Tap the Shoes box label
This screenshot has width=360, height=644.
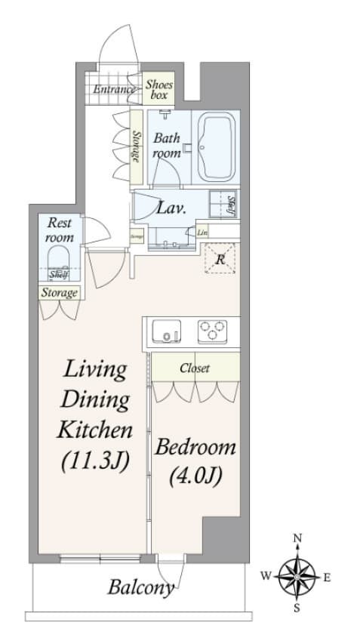pos(159,91)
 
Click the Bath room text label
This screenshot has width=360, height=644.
pos(167,146)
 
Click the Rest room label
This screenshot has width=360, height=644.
pos(60,230)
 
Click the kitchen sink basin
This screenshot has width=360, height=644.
pos(165,331)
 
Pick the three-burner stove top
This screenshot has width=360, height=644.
pos(213,331)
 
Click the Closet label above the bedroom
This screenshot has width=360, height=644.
pos(195,368)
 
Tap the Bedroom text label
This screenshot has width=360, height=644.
pos(195,447)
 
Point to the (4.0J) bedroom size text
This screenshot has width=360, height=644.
pos(195,477)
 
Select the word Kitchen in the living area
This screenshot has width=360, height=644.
pos(94,430)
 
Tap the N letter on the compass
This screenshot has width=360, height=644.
pos(298,538)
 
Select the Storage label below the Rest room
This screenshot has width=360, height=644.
pos(60,292)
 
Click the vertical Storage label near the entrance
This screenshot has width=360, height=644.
pos(136,147)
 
